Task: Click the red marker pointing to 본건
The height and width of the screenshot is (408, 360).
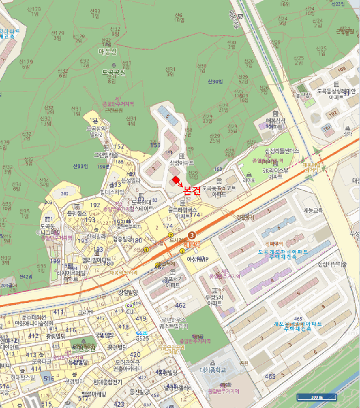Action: point(176,182)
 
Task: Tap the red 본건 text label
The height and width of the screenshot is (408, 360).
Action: point(192,190)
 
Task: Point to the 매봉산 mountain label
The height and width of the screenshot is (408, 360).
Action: point(108,52)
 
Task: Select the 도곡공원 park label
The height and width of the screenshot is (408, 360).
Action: point(114,72)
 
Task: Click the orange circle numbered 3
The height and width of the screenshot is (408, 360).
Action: point(192,234)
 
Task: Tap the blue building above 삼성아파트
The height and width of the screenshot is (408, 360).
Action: point(165,112)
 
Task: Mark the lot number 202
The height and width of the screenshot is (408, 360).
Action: point(64,194)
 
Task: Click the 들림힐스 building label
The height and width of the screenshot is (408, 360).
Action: point(76,214)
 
